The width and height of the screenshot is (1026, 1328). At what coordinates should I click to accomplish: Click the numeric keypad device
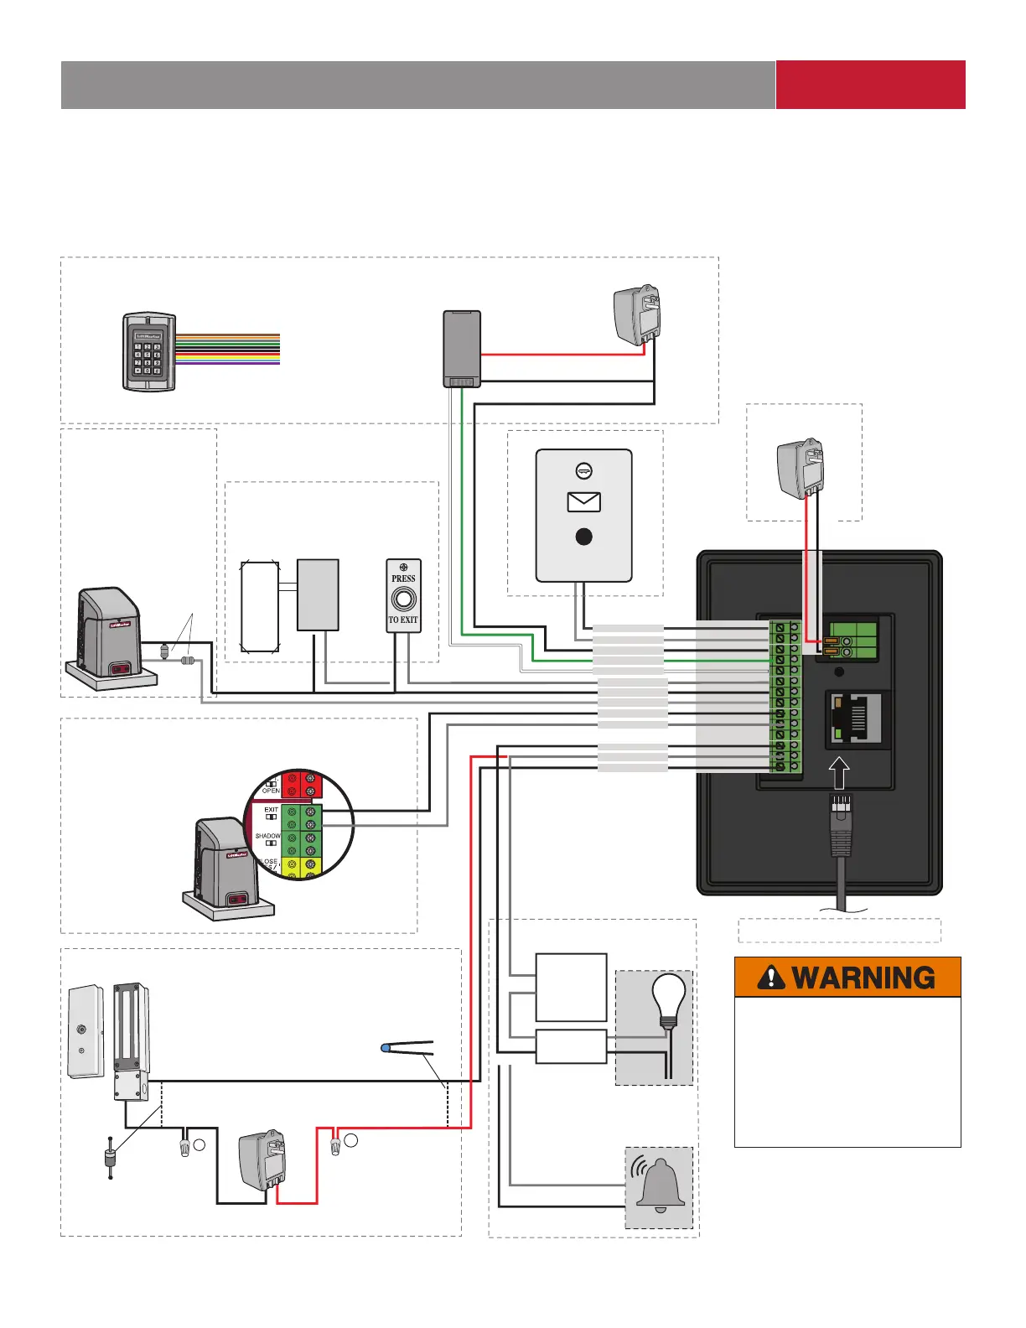pos(149,351)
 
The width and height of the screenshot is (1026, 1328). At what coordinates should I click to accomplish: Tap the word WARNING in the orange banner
pos(863,978)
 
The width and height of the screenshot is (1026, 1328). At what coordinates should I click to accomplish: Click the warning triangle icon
pos(770,978)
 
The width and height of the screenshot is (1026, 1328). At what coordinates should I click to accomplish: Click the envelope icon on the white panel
pos(583,501)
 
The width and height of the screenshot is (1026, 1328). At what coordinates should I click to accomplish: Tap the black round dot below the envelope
pos(584,537)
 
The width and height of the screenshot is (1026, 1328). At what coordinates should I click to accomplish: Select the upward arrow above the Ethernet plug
pos(839,772)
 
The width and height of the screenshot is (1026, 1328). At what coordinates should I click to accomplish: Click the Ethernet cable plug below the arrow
pos(841,826)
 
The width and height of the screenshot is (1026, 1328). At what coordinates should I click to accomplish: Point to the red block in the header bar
pos(870,85)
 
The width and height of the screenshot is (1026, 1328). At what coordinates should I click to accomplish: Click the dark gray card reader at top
pos(462,348)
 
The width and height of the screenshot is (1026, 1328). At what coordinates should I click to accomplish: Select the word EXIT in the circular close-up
pos(271,810)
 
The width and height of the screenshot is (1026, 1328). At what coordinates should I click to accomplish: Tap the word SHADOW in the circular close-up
pos(267,836)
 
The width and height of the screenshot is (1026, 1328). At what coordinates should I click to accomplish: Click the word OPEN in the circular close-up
pos(271,791)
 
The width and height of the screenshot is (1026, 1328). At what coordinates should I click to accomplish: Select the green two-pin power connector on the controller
pos(852,641)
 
